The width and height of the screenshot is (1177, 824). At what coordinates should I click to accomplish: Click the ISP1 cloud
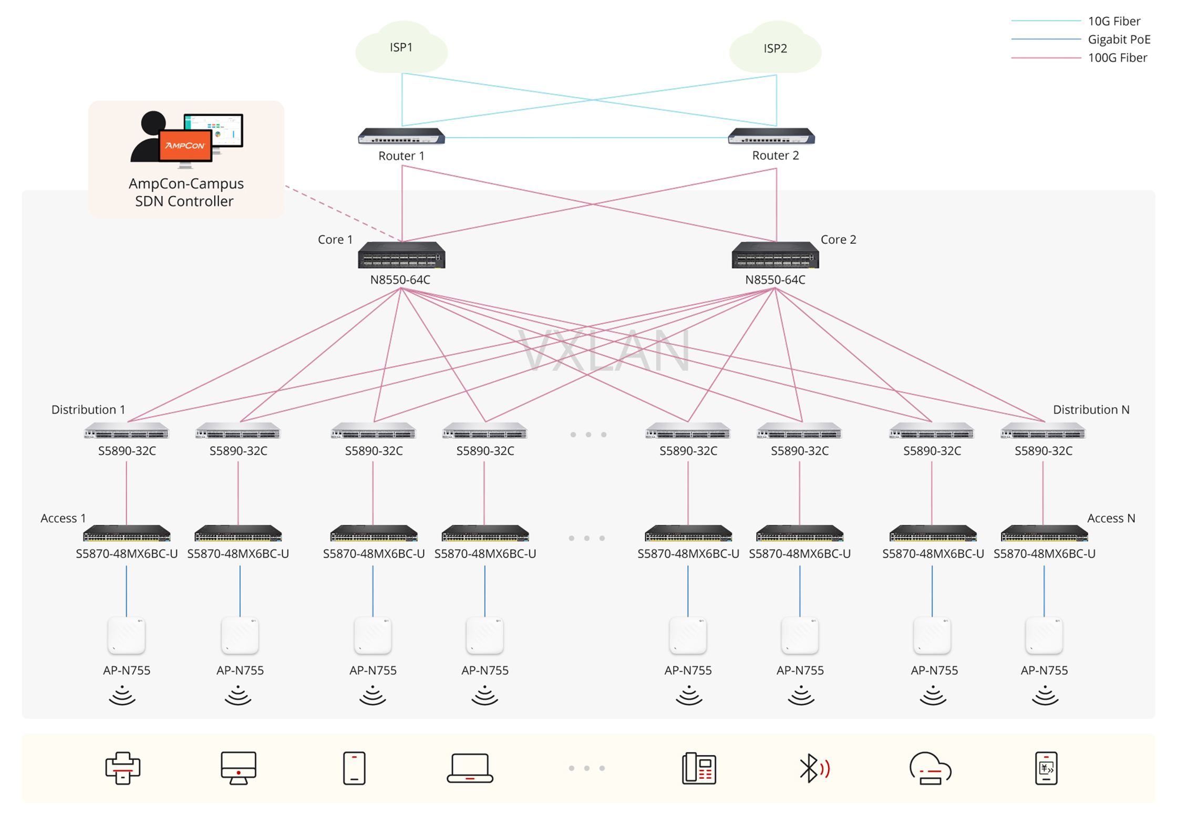point(401,48)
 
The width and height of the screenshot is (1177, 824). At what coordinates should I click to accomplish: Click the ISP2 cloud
point(775,48)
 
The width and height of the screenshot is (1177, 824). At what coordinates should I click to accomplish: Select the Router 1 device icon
point(401,137)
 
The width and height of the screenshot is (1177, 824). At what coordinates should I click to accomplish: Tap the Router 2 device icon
point(771,137)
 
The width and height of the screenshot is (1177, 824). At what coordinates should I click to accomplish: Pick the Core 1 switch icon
point(401,255)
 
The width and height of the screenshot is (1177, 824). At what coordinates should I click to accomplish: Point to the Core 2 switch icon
point(775,255)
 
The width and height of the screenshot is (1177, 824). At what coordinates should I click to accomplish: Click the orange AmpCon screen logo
point(185,145)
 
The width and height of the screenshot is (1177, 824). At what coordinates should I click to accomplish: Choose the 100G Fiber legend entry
point(1117,58)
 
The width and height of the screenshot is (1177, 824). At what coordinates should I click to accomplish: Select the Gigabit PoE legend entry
point(1119,39)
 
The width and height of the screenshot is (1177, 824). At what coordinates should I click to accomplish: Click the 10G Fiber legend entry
point(1114,21)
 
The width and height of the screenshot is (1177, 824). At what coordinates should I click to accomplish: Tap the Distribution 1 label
point(88,409)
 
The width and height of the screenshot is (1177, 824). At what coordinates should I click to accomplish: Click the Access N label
point(1111,518)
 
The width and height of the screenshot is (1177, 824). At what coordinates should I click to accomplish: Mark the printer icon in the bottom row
point(122,768)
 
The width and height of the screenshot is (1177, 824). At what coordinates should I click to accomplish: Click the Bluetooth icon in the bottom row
point(813,768)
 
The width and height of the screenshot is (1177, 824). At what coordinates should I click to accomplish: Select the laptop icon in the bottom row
point(470,768)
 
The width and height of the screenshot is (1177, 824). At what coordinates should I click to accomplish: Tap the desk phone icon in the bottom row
point(698,768)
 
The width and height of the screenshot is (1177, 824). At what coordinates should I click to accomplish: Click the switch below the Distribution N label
point(1043,432)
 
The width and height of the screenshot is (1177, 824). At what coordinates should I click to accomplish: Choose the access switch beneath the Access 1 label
point(127,534)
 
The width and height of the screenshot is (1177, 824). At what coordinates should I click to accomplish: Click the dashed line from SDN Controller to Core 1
point(342,213)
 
